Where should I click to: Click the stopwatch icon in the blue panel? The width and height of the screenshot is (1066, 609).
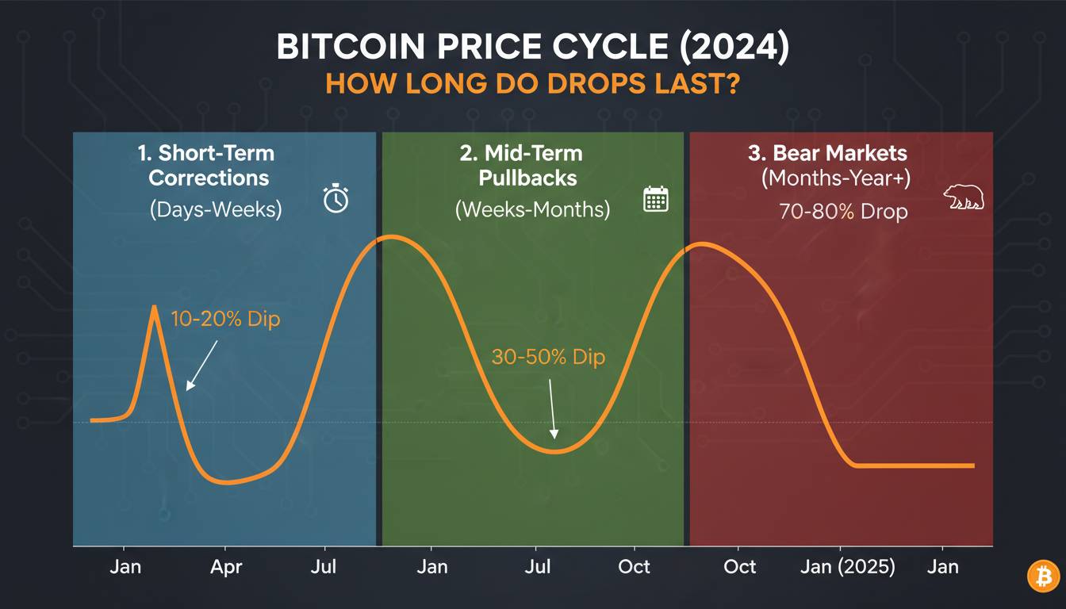click(x=336, y=198)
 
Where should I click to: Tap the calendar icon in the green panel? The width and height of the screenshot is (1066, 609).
click(x=655, y=199)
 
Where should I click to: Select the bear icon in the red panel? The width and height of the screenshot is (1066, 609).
click(x=964, y=198)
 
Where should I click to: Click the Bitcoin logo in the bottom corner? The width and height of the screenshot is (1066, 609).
click(x=1043, y=576)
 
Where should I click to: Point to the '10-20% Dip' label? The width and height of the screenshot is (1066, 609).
click(x=225, y=320)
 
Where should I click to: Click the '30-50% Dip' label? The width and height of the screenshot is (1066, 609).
click(x=548, y=357)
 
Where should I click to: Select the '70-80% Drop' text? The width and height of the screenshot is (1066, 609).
click(x=842, y=212)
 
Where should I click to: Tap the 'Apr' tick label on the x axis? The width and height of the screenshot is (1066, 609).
click(x=226, y=567)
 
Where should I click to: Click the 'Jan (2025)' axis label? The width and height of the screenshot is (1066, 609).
click(x=847, y=567)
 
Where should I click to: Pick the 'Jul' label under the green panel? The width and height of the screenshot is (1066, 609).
click(x=539, y=567)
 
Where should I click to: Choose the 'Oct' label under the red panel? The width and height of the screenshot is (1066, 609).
click(x=739, y=567)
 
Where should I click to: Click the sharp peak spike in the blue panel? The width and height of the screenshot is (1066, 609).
click(x=155, y=308)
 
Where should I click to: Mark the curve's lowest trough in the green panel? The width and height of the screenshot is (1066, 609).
click(x=555, y=452)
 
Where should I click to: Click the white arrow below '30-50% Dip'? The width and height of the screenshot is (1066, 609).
click(x=552, y=408)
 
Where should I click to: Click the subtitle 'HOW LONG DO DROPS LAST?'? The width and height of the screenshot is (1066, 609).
click(x=532, y=83)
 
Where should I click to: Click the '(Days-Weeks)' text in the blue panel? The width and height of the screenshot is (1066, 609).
click(x=215, y=209)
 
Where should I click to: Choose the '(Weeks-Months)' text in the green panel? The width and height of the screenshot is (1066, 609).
click(x=532, y=209)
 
